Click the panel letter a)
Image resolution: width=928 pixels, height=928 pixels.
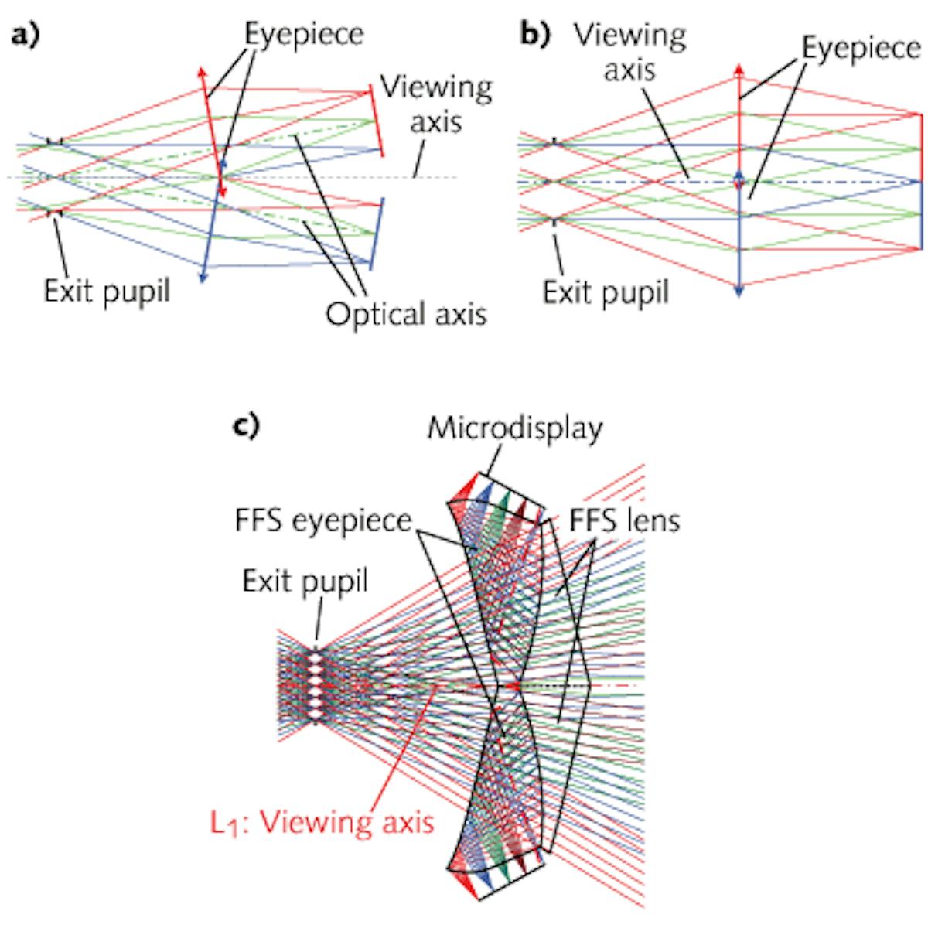click(26, 37)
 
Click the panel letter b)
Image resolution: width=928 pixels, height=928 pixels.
click(533, 37)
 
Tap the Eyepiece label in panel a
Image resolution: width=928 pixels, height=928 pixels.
click(303, 35)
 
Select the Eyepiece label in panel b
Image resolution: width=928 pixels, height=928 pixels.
click(860, 49)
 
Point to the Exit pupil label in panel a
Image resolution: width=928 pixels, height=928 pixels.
click(106, 292)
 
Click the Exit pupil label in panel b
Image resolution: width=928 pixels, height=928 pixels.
click(606, 293)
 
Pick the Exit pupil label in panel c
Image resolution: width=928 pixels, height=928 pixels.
click(305, 581)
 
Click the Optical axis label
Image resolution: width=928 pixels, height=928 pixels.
click(406, 314)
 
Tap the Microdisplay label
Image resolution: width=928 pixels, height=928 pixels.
click(515, 428)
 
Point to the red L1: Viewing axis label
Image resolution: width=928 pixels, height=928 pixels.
click(322, 821)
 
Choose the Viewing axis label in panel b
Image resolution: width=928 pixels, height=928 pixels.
click(629, 53)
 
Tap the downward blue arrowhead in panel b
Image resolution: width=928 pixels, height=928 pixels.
click(739, 291)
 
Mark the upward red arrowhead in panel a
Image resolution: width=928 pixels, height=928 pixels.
click(203, 73)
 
